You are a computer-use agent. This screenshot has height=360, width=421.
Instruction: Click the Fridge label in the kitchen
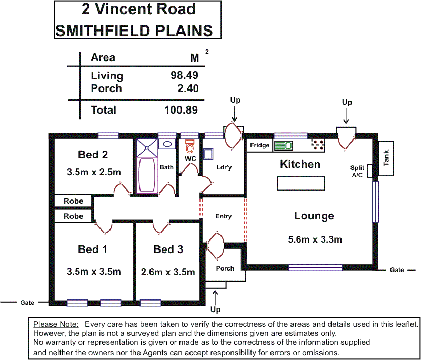tap(260, 145)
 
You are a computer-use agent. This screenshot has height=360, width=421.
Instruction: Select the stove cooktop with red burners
tap(317, 145)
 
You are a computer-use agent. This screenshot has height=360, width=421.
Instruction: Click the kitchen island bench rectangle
tap(300, 183)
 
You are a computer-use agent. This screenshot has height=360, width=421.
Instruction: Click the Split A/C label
tap(357, 172)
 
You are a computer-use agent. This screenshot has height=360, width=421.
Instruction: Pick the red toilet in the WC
tap(190, 145)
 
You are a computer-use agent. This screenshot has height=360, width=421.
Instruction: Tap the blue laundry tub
tap(208, 153)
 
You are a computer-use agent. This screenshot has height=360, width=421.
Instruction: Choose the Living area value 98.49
tap(184, 75)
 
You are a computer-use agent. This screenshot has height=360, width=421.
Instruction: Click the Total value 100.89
tap(182, 110)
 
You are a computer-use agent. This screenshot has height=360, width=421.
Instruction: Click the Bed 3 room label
tap(168, 249)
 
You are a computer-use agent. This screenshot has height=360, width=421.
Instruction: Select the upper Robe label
tap(73, 201)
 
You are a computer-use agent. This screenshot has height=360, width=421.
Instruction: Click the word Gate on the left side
tap(27, 303)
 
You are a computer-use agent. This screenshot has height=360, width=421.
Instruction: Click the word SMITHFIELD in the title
tap(99, 30)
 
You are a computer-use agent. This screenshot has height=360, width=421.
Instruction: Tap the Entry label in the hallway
tap(224, 216)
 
